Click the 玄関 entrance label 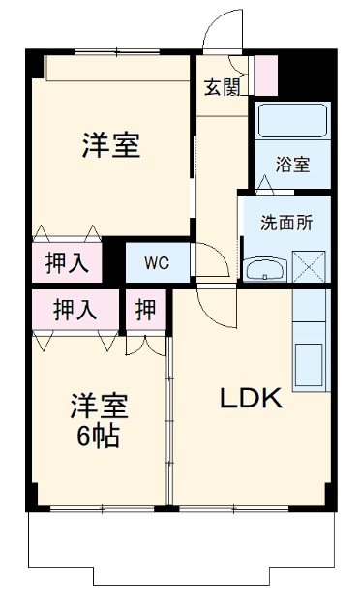[x=222, y=87]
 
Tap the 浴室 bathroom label [x=291, y=164]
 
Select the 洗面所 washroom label [x=286, y=221]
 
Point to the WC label [x=156, y=261]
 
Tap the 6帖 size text [x=99, y=437]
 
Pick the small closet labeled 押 [x=145, y=310]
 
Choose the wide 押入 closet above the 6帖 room [x=75, y=310]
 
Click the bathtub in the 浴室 [x=292, y=121]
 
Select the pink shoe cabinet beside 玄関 [x=265, y=75]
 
